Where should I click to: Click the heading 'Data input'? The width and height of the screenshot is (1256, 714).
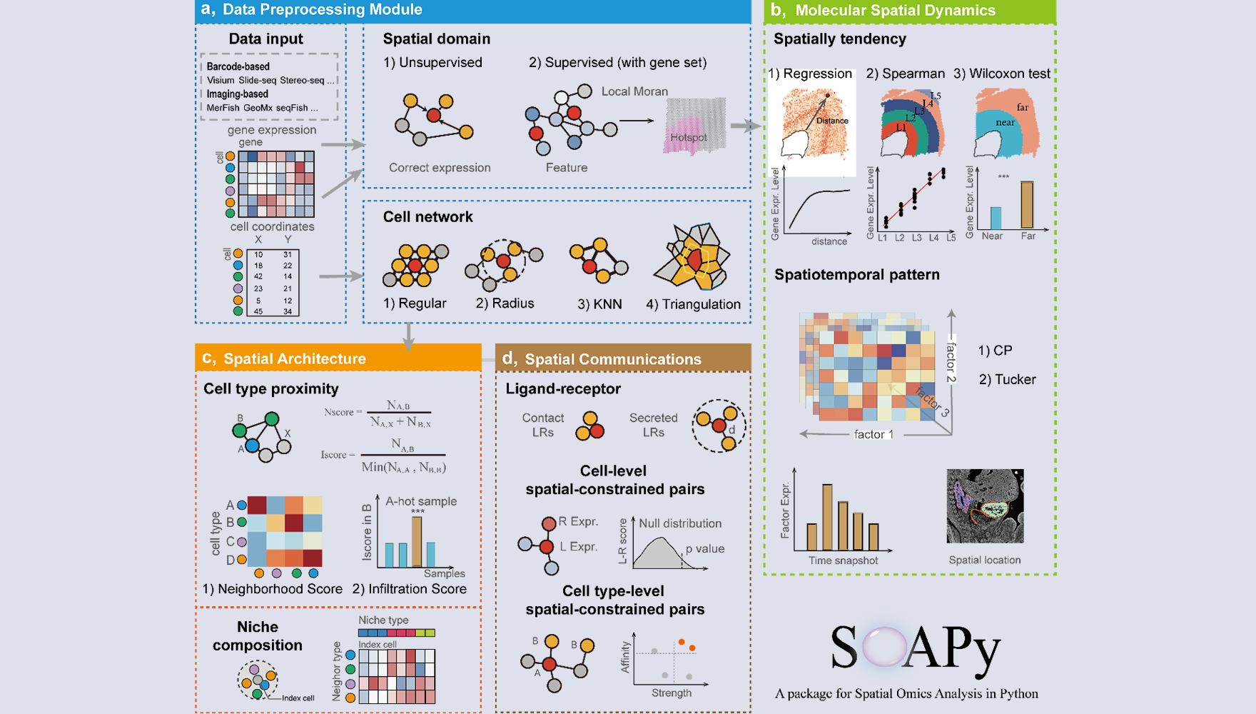(x=265, y=39)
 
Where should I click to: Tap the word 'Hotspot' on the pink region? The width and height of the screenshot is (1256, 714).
(x=688, y=137)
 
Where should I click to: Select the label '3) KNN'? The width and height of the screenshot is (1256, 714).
(x=599, y=304)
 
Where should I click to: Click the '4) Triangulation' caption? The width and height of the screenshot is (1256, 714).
(x=693, y=304)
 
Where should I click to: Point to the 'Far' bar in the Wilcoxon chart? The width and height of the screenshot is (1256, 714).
(x=1027, y=205)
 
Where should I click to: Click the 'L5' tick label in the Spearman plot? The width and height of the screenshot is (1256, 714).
(x=951, y=238)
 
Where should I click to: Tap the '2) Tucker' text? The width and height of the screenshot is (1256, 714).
(x=1007, y=380)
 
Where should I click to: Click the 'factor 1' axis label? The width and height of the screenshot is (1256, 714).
(x=873, y=434)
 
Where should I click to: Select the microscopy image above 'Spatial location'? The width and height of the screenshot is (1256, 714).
(x=985, y=506)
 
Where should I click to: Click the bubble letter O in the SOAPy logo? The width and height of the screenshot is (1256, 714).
(x=883, y=646)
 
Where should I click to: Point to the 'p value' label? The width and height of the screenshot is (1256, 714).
(x=705, y=549)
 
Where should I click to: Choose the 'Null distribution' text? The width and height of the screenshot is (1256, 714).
(x=680, y=523)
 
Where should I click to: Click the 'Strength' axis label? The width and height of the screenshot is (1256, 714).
(x=671, y=693)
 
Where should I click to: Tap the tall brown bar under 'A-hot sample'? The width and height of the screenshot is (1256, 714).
(x=417, y=541)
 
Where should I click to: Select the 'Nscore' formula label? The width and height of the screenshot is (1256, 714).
(x=339, y=412)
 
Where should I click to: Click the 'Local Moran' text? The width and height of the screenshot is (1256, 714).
(x=634, y=91)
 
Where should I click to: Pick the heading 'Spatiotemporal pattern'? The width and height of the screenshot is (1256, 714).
(x=856, y=275)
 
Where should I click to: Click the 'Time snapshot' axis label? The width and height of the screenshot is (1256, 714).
(x=843, y=560)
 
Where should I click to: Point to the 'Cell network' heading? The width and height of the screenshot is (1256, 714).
(x=427, y=217)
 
